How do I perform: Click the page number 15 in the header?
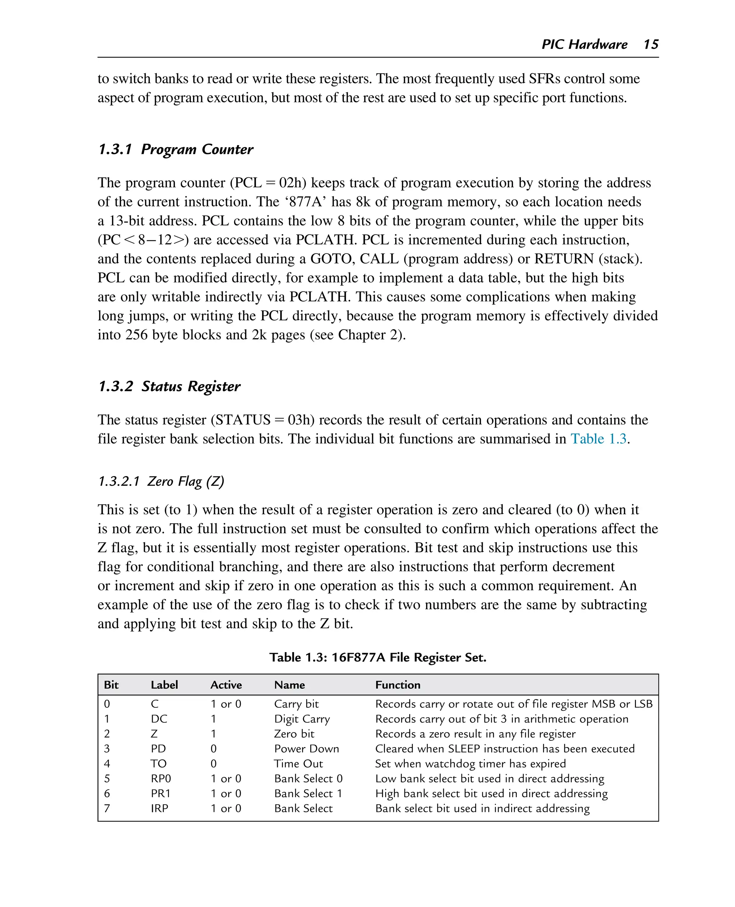point(650,45)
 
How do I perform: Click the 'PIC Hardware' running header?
point(584,45)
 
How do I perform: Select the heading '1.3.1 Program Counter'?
point(176,149)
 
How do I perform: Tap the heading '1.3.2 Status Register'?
point(169,386)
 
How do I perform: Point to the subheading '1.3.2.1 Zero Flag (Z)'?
point(161,481)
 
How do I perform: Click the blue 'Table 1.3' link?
point(598,439)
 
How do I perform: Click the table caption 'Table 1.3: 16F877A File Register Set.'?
point(378,657)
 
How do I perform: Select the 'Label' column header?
point(164,685)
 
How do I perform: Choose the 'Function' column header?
point(398,685)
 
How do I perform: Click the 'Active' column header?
point(226,685)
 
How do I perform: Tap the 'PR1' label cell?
point(160,794)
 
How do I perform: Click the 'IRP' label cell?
point(160,808)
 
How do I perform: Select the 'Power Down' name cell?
point(306,749)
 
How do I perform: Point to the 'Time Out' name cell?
point(298,763)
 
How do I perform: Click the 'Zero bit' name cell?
point(294,734)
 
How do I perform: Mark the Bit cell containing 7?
point(107,808)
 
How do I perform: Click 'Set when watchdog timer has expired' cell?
point(470,763)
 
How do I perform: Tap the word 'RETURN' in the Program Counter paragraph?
point(564,259)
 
